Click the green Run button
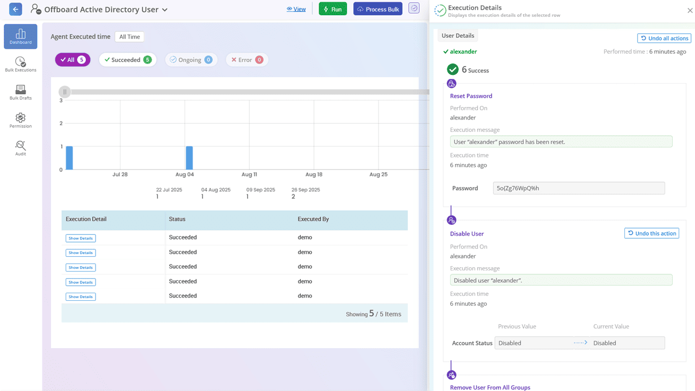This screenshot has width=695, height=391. click(332, 9)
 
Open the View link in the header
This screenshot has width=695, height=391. click(296, 9)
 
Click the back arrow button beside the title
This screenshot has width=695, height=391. click(16, 9)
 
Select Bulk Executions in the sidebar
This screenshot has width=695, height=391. click(21, 65)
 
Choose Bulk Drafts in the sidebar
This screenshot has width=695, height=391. click(21, 93)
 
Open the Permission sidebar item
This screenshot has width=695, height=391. click(21, 121)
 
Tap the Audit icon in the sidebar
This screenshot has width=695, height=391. click(21, 148)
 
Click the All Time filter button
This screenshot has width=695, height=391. click(129, 37)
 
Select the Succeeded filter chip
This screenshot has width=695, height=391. click(128, 60)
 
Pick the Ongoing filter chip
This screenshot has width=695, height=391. click(191, 60)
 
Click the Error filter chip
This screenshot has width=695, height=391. click(247, 60)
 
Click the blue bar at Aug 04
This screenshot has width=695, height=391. click(189, 158)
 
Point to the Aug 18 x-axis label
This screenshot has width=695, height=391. click(314, 175)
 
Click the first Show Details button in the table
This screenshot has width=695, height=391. click(80, 238)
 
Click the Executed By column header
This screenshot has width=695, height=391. click(313, 219)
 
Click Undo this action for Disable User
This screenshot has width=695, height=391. click(652, 234)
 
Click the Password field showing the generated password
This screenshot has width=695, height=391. click(578, 188)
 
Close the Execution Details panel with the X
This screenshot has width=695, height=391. click(690, 10)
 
